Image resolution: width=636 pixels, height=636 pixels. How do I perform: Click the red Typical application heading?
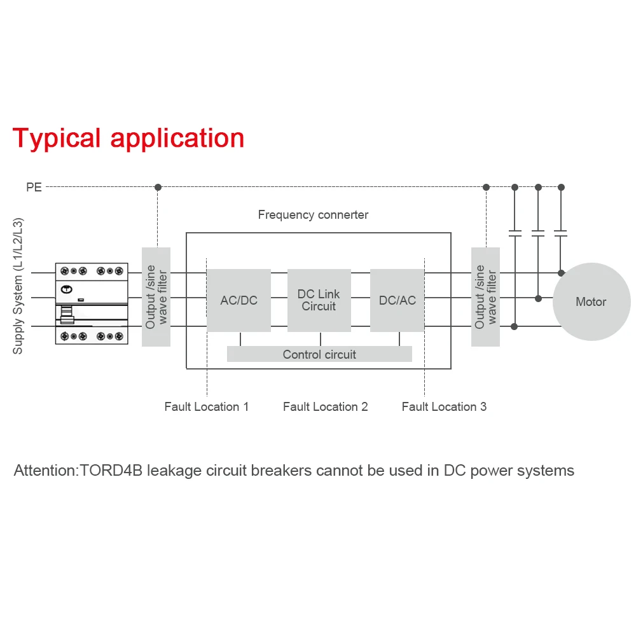coord(128,138)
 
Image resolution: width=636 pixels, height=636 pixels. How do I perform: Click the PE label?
coord(34,188)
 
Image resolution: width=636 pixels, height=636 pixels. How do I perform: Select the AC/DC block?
coord(238,300)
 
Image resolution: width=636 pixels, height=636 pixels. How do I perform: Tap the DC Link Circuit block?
coord(319,300)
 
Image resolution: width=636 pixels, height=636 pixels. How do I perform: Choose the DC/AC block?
coord(397,300)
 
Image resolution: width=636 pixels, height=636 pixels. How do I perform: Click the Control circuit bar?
coord(319,354)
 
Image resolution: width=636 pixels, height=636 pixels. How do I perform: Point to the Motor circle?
coord(591,302)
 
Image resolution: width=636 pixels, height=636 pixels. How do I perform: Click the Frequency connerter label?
coord(313,215)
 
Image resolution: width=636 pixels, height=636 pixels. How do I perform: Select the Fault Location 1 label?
coord(206,406)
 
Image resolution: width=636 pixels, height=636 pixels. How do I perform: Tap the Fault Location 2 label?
coord(325,406)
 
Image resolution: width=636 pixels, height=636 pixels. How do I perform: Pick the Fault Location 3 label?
coord(444,406)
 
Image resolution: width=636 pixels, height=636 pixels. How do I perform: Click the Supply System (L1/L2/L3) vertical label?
coord(18,286)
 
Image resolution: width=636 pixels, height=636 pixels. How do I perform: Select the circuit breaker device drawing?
coord(92,303)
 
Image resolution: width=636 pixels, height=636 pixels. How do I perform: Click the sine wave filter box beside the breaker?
coord(156,296)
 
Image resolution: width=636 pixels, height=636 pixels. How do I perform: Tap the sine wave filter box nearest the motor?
coord(485,296)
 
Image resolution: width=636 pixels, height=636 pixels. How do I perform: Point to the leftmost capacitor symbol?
coord(515,233)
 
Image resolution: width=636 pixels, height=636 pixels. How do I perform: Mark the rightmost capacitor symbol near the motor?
coord(560,233)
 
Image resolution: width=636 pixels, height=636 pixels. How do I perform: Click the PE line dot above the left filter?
coord(158,187)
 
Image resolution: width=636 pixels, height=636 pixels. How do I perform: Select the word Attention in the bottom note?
coord(45,471)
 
